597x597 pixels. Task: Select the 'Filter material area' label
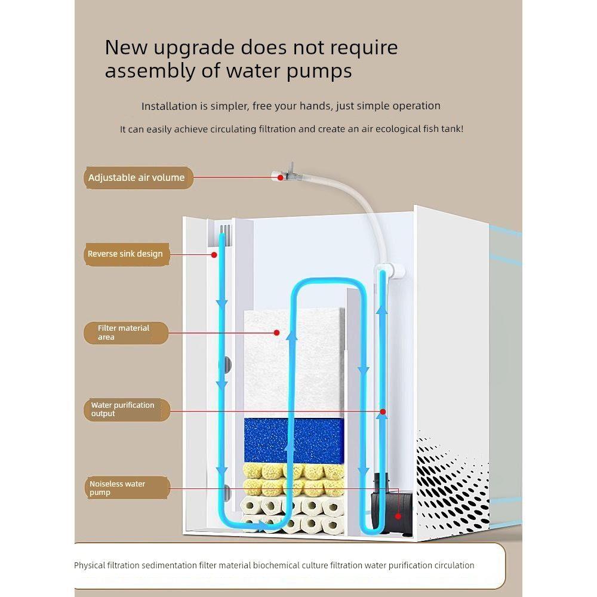pyautogui.click(x=125, y=333)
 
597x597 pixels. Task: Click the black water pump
pyautogui.click(x=392, y=504)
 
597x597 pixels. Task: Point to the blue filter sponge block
pyautogui.click(x=294, y=441)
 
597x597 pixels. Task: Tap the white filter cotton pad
pyautogui.click(x=294, y=363)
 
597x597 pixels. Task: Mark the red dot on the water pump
pyautogui.click(x=398, y=516)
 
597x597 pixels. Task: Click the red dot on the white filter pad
pyautogui.click(x=277, y=333)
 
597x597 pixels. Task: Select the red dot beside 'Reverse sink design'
pyautogui.click(x=214, y=255)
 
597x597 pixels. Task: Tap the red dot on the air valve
pyautogui.click(x=281, y=177)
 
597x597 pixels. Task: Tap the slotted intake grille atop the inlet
pyautogui.click(x=226, y=230)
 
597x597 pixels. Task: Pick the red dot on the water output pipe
pyautogui.click(x=383, y=411)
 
